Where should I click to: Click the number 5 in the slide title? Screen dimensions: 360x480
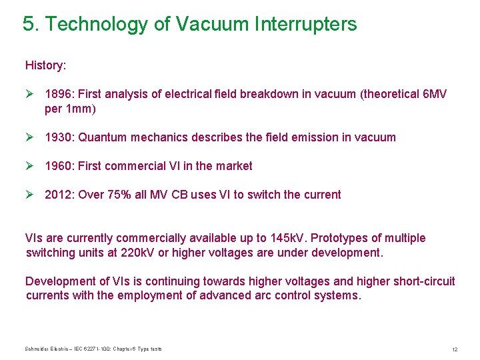tap(28, 25)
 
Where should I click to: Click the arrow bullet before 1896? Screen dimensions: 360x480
tap(30, 94)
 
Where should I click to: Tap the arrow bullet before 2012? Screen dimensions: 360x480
tap(30, 195)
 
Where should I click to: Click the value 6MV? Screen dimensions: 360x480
tap(435, 94)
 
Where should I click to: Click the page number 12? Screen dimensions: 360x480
tap(454, 349)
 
